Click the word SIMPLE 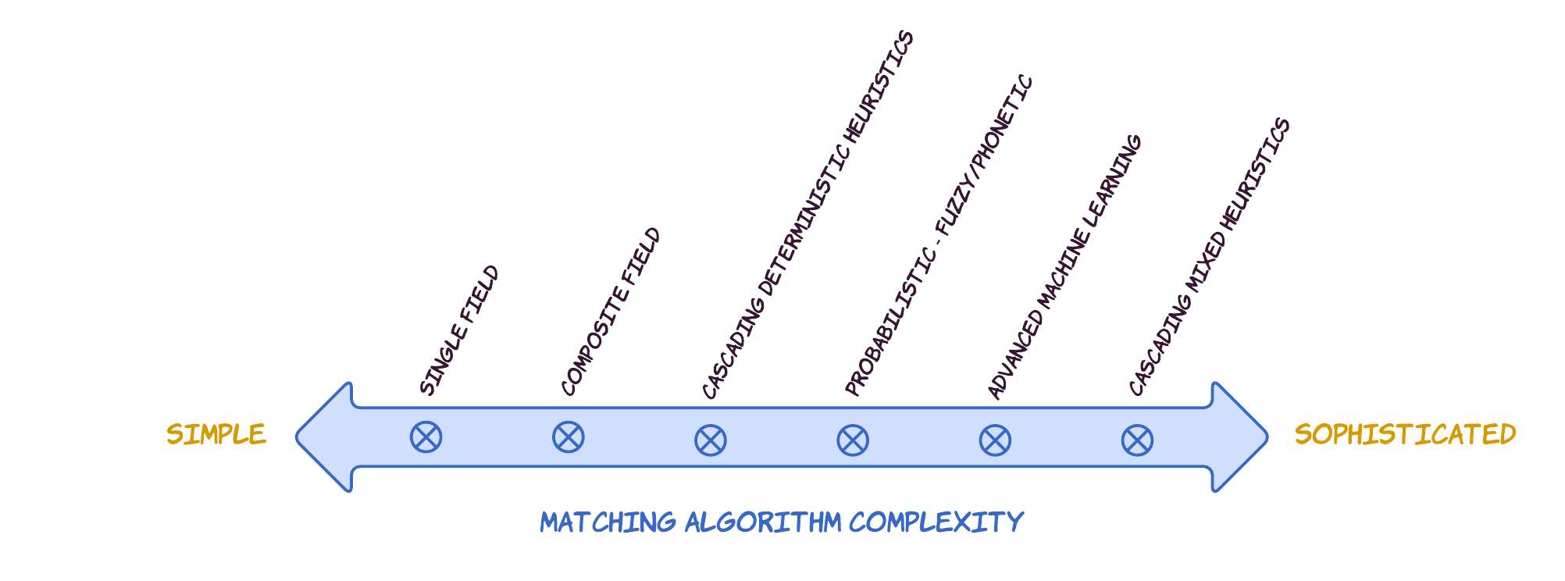tap(216, 434)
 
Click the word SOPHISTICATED tap(1405, 434)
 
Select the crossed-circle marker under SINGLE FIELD tap(426, 437)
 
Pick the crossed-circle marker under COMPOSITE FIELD tap(568, 437)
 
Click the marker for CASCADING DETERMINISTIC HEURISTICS tap(710, 440)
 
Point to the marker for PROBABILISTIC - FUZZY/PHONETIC tap(852, 440)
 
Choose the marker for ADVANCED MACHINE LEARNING tap(995, 440)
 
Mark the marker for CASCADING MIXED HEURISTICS tap(1137, 440)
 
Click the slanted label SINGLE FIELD tap(459, 330)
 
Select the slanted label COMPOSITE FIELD tap(611, 312)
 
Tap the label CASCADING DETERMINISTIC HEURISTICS tap(807, 215)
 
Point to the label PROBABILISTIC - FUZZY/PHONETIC tap(939, 235)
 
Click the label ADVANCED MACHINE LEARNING tap(1064, 267)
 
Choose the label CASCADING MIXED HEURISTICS tap(1209, 257)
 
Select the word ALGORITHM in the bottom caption tap(763, 522)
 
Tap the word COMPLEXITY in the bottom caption tap(936, 522)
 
